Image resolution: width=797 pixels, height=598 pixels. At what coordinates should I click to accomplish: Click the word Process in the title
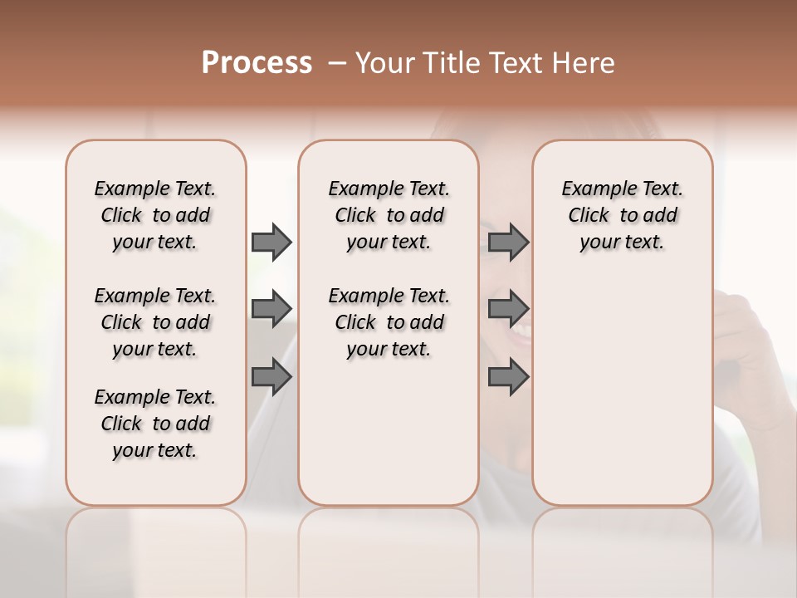click(257, 62)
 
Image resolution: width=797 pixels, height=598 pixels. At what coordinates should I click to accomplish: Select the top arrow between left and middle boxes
click(271, 242)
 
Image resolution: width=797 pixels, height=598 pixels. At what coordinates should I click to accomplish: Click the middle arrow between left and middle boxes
click(271, 309)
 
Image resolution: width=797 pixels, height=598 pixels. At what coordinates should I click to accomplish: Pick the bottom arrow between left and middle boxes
click(271, 377)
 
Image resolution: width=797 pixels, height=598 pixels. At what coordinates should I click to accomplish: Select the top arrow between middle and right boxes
click(508, 242)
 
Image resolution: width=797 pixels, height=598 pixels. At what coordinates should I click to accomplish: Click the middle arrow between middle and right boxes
click(508, 309)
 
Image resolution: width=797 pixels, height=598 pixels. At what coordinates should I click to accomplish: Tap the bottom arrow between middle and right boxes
click(508, 377)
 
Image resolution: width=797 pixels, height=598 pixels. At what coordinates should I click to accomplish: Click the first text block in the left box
click(155, 215)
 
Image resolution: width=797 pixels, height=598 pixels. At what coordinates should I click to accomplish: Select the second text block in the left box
click(155, 322)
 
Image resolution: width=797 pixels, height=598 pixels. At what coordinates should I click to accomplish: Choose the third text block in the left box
click(155, 424)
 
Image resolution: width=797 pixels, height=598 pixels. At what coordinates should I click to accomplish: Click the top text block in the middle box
click(389, 215)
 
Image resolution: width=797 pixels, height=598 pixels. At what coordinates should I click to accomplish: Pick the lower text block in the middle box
click(389, 322)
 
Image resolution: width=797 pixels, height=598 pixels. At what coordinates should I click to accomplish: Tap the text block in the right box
click(622, 215)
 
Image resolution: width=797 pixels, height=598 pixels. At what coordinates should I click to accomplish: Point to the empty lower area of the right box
click(622, 399)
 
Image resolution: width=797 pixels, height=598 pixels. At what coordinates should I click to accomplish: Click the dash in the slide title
click(336, 63)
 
